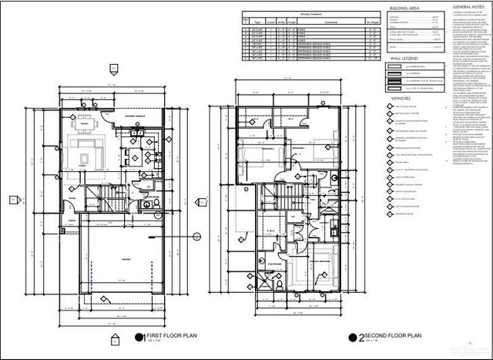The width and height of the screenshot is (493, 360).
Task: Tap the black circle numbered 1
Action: (x=139, y=337)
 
